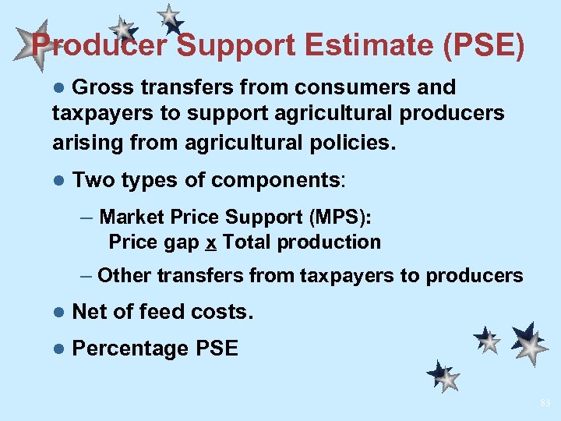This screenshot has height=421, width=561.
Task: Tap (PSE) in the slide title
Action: pos(485,45)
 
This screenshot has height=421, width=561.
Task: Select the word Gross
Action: pos(105,87)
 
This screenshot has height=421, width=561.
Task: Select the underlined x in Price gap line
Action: pos(210,242)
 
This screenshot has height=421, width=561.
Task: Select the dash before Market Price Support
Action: pos(86,216)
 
